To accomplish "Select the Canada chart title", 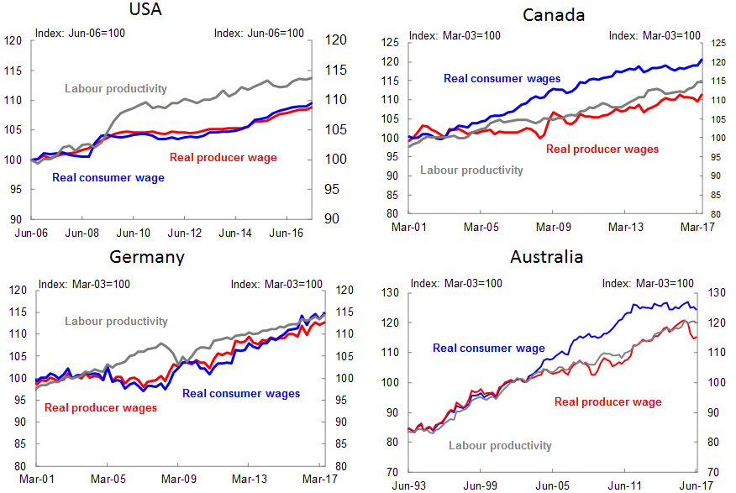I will [x=554, y=14].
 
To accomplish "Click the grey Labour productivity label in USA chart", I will [x=116, y=88].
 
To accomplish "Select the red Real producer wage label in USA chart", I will [x=223, y=157].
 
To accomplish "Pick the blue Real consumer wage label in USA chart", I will [x=108, y=177].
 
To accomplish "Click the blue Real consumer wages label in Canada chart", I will [x=496, y=78].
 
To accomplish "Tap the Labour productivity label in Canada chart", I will [x=471, y=170].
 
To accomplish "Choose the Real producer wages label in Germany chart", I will [x=101, y=408].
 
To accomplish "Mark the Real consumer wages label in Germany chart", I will [x=241, y=393].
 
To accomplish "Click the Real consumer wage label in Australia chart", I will [x=489, y=348].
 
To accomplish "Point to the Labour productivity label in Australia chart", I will [x=500, y=445].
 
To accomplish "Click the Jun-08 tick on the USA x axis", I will [x=83, y=233].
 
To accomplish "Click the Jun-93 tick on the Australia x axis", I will [x=407, y=485].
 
